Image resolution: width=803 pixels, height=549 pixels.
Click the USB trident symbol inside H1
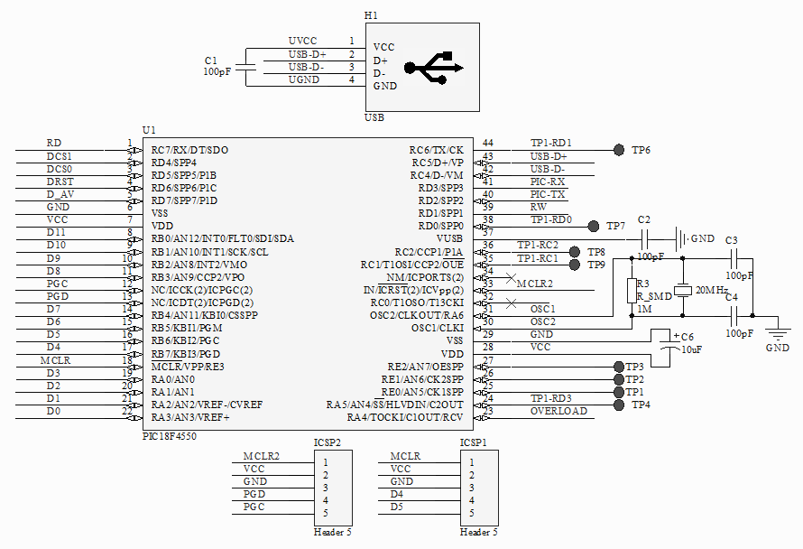point(434,68)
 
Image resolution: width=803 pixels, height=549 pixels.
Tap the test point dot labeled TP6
point(619,149)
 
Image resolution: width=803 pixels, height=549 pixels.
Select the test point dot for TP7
point(593,225)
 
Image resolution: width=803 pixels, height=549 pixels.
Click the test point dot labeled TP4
point(619,405)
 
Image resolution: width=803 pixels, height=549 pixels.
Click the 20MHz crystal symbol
point(685,291)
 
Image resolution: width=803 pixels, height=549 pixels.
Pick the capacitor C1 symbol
point(250,67)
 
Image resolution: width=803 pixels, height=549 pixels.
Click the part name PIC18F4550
point(169,436)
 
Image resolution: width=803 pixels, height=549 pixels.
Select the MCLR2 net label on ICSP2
point(261,456)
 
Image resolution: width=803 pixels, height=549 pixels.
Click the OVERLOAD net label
point(558,411)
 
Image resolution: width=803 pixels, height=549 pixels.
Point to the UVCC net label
point(302,42)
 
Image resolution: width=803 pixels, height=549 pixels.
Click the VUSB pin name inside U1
point(449,237)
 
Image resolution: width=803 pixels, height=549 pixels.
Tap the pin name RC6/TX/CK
point(436,150)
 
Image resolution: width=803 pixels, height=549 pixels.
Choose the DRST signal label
point(60,181)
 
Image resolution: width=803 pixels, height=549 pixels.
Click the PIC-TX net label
point(548,194)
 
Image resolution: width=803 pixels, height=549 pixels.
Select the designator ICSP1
point(475,442)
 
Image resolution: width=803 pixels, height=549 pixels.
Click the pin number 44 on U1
point(488,143)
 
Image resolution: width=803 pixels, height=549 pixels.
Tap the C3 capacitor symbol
point(733,258)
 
